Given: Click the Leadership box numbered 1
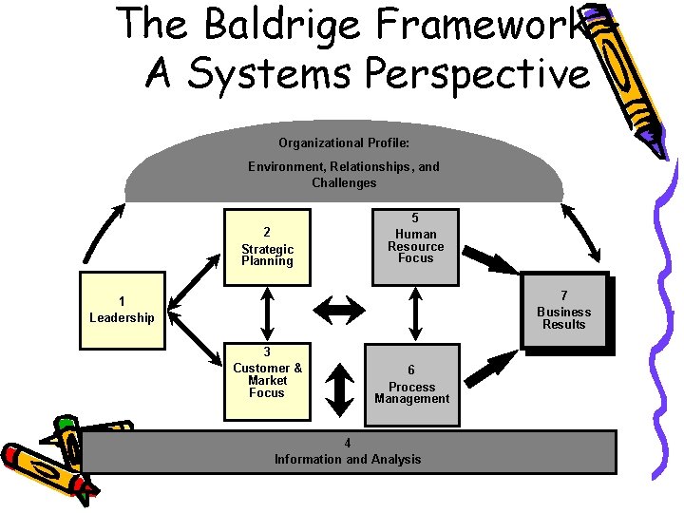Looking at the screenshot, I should tap(122, 310).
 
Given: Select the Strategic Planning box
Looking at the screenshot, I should tap(267, 246).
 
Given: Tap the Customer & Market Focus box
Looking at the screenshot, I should tap(267, 379).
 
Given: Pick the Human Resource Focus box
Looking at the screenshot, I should tap(415, 246).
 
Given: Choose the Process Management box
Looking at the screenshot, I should tap(411, 384).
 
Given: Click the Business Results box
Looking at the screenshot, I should tap(563, 312).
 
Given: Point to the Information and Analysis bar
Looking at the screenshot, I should tap(348, 452).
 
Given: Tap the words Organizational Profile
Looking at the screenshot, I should tap(344, 142).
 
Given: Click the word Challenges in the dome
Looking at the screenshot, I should tap(344, 182).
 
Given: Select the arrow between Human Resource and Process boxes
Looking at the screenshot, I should tap(415, 313).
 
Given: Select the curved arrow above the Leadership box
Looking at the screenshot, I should tap(103, 230).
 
